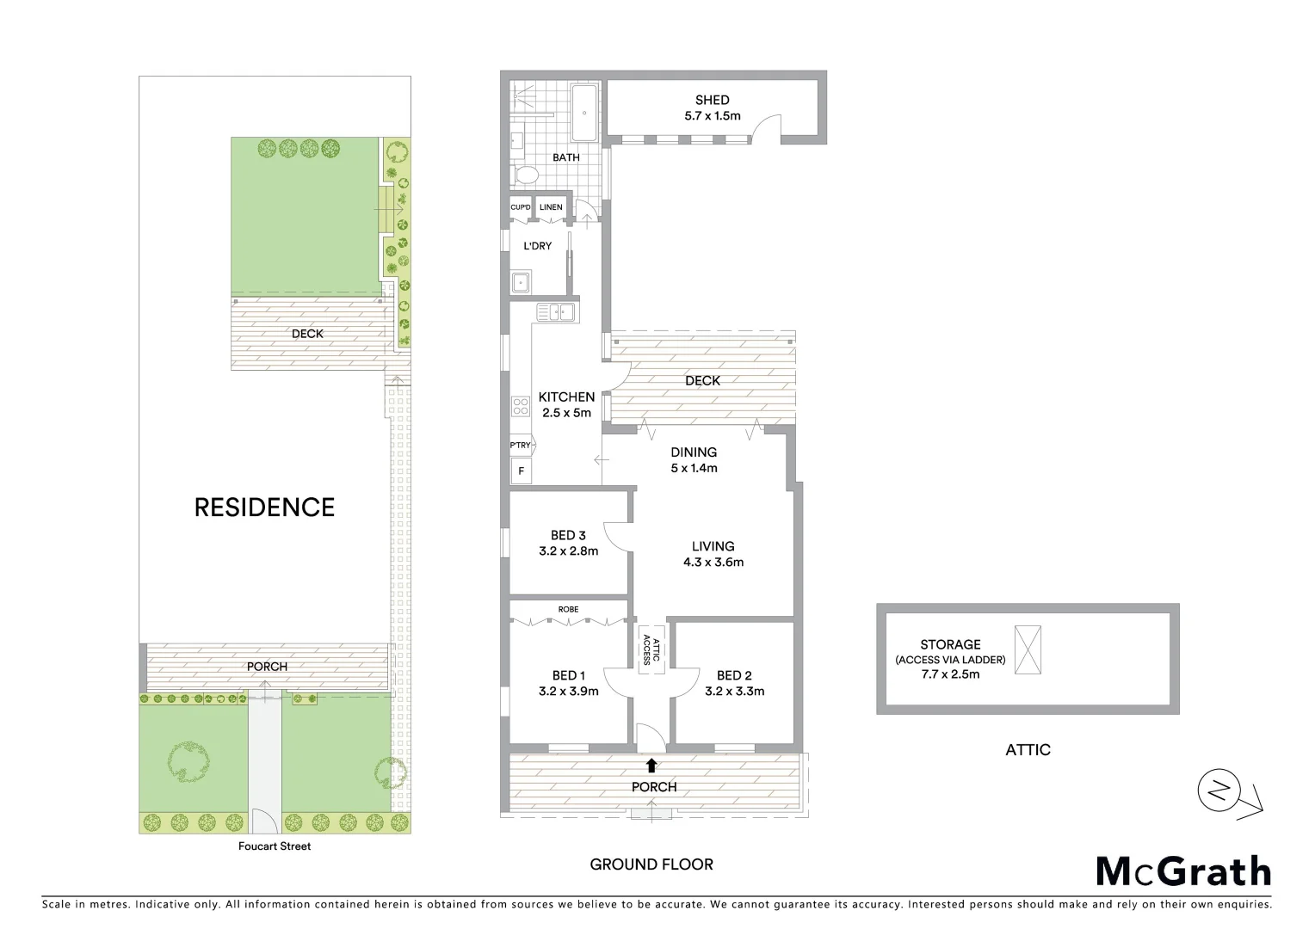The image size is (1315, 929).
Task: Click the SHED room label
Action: pyautogui.click(x=712, y=100)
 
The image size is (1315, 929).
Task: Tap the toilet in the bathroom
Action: pyautogui.click(x=524, y=176)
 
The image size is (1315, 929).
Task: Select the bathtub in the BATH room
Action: pyautogui.click(x=585, y=113)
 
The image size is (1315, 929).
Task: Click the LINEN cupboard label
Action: pyautogui.click(x=551, y=207)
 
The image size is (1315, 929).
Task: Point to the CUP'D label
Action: pyautogui.click(x=520, y=207)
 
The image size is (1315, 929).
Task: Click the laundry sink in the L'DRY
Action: pyautogui.click(x=520, y=281)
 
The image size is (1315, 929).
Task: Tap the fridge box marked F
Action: pyautogui.click(x=520, y=471)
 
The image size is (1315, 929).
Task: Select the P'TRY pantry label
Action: pyautogui.click(x=520, y=445)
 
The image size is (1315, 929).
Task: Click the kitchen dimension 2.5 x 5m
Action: pyautogui.click(x=566, y=413)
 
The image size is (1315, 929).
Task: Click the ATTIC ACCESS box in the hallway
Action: pyautogui.click(x=651, y=649)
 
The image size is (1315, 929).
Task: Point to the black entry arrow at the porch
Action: pyautogui.click(x=651, y=765)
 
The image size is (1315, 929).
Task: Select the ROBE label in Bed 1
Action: pyautogui.click(x=568, y=609)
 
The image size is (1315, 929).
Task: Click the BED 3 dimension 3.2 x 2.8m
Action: pyautogui.click(x=568, y=551)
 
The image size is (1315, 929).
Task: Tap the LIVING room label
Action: pyautogui.click(x=713, y=545)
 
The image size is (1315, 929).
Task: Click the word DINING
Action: pyautogui.click(x=694, y=452)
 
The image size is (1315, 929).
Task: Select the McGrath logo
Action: pyautogui.click(x=1183, y=871)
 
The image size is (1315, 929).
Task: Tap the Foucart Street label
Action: pyautogui.click(x=275, y=846)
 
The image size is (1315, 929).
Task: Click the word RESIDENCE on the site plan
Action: pyautogui.click(x=264, y=508)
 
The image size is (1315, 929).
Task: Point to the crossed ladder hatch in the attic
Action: pyautogui.click(x=1028, y=649)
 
